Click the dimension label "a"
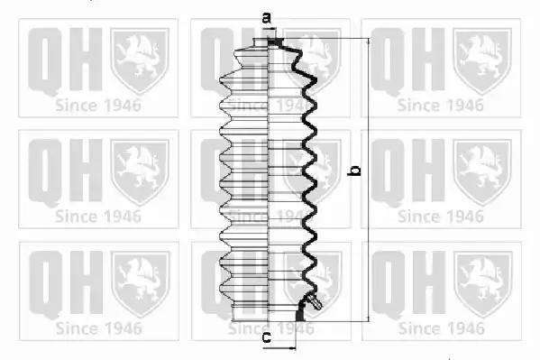[267, 17]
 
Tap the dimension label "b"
[354, 171]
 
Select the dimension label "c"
[267, 337]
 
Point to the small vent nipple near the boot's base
[315, 301]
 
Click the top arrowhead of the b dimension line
[369, 42]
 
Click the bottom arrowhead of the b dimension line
[369, 318]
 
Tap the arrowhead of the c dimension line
[292, 348]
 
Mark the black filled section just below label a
[275, 42]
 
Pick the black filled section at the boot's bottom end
[300, 313]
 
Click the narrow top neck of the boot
[261, 42]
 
